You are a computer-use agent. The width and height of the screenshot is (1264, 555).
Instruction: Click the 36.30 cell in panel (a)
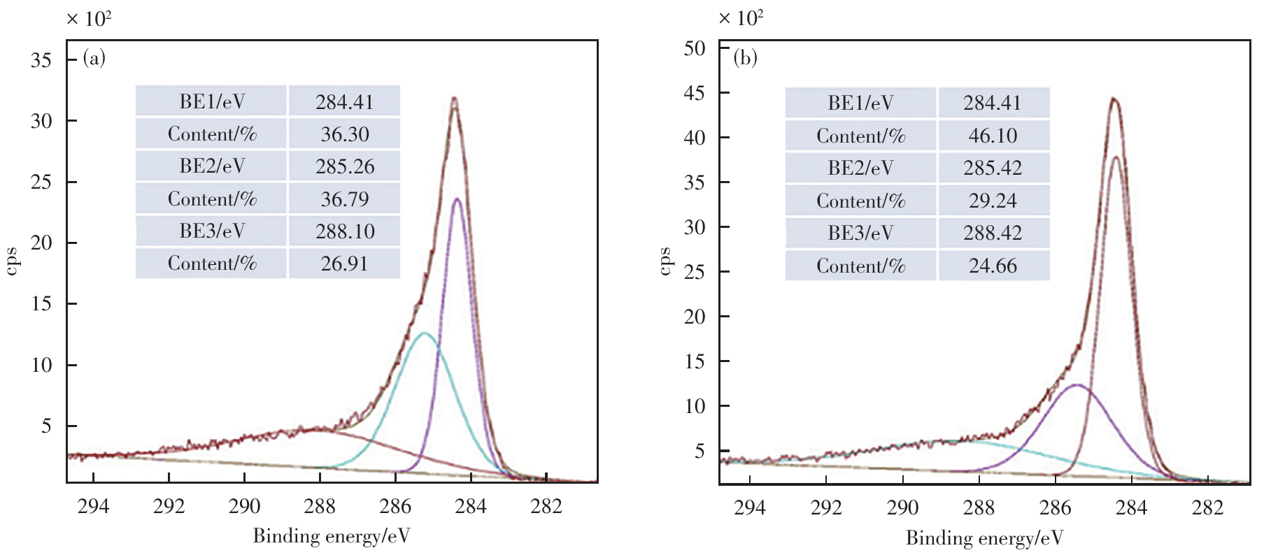[x=344, y=134]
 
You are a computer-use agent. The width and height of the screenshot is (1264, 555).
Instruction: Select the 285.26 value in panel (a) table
[x=344, y=166]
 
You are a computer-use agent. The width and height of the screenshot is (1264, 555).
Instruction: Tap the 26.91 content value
[x=344, y=264]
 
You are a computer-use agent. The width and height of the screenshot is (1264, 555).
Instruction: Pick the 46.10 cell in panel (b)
[x=993, y=136]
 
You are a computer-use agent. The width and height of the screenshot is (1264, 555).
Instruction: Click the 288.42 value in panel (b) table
[x=993, y=233]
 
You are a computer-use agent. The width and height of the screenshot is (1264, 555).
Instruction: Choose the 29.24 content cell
[x=993, y=201]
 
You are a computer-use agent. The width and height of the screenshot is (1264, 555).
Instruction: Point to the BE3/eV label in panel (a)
[x=212, y=231]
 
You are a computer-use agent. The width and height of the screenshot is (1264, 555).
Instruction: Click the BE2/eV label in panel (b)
[x=860, y=168]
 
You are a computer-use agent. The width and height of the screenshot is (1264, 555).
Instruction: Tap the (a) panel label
[x=94, y=57]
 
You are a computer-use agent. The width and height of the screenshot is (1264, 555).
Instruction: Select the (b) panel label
[x=745, y=57]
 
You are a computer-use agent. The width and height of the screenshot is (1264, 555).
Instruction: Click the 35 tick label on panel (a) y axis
[x=41, y=60]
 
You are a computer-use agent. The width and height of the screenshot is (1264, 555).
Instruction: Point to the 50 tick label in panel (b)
[x=694, y=48]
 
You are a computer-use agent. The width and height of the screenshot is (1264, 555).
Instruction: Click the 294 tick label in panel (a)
[x=93, y=505]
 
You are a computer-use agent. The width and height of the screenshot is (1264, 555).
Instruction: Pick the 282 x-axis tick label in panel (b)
[x=1207, y=507]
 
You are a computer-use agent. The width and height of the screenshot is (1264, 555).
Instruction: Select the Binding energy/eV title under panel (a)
[x=331, y=536]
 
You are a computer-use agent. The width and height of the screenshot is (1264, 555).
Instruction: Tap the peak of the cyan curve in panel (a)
[x=424, y=333]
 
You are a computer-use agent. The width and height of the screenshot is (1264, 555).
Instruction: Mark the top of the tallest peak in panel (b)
[x=1114, y=99]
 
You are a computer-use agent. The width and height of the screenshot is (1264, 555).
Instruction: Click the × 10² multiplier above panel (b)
[x=741, y=17]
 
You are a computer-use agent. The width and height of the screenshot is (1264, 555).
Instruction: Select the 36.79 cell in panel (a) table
[x=344, y=199]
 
